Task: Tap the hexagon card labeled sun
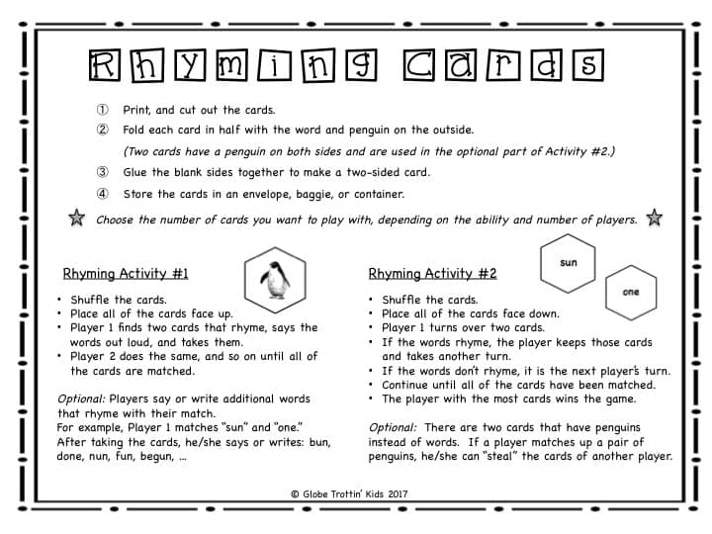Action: point(568,263)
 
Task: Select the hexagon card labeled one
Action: point(631,292)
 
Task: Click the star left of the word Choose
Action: point(77,220)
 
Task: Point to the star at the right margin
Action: point(653,219)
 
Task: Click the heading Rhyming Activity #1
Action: point(126,274)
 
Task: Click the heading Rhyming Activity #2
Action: point(432,274)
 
